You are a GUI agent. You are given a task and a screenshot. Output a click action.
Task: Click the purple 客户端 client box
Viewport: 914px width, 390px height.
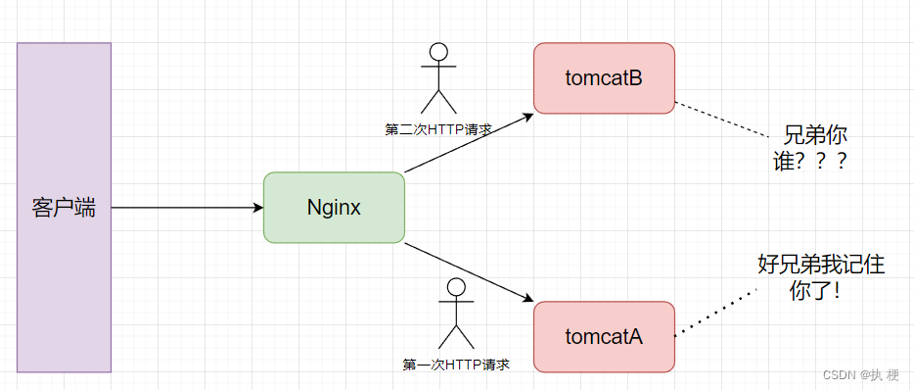(x=64, y=207)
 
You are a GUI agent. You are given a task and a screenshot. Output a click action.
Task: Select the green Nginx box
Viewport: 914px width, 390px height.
(x=334, y=207)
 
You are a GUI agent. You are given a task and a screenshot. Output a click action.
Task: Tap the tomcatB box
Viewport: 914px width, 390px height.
(x=604, y=78)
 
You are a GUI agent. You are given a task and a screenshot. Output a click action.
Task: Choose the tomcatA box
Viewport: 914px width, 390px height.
(x=604, y=336)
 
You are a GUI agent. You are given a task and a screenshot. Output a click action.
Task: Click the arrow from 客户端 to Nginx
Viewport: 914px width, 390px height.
(x=186, y=208)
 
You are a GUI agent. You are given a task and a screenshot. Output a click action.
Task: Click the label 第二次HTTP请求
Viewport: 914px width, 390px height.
(x=437, y=128)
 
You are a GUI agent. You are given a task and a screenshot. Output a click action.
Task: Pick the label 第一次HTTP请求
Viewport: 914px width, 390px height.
(x=456, y=364)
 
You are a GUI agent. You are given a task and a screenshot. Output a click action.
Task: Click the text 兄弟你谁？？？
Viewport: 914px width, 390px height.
(x=809, y=148)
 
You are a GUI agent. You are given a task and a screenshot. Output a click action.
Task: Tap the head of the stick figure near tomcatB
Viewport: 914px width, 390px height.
(x=438, y=52)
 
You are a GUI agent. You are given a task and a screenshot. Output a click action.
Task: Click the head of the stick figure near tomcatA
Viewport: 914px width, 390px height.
(x=455, y=287)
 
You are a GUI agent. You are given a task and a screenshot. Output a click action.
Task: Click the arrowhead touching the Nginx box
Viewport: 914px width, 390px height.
(x=257, y=208)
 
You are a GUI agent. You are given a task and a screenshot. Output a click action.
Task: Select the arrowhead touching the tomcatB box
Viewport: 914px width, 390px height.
(x=528, y=114)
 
